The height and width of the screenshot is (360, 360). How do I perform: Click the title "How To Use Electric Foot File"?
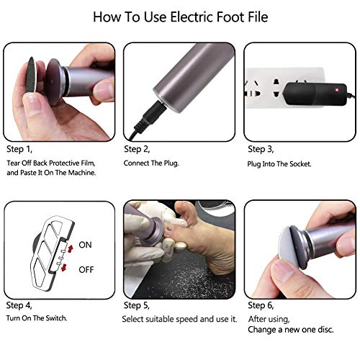click(x=180, y=15)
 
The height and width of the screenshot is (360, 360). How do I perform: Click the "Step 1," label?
click(x=22, y=149)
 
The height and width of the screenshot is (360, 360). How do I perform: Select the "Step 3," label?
click(x=261, y=149)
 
